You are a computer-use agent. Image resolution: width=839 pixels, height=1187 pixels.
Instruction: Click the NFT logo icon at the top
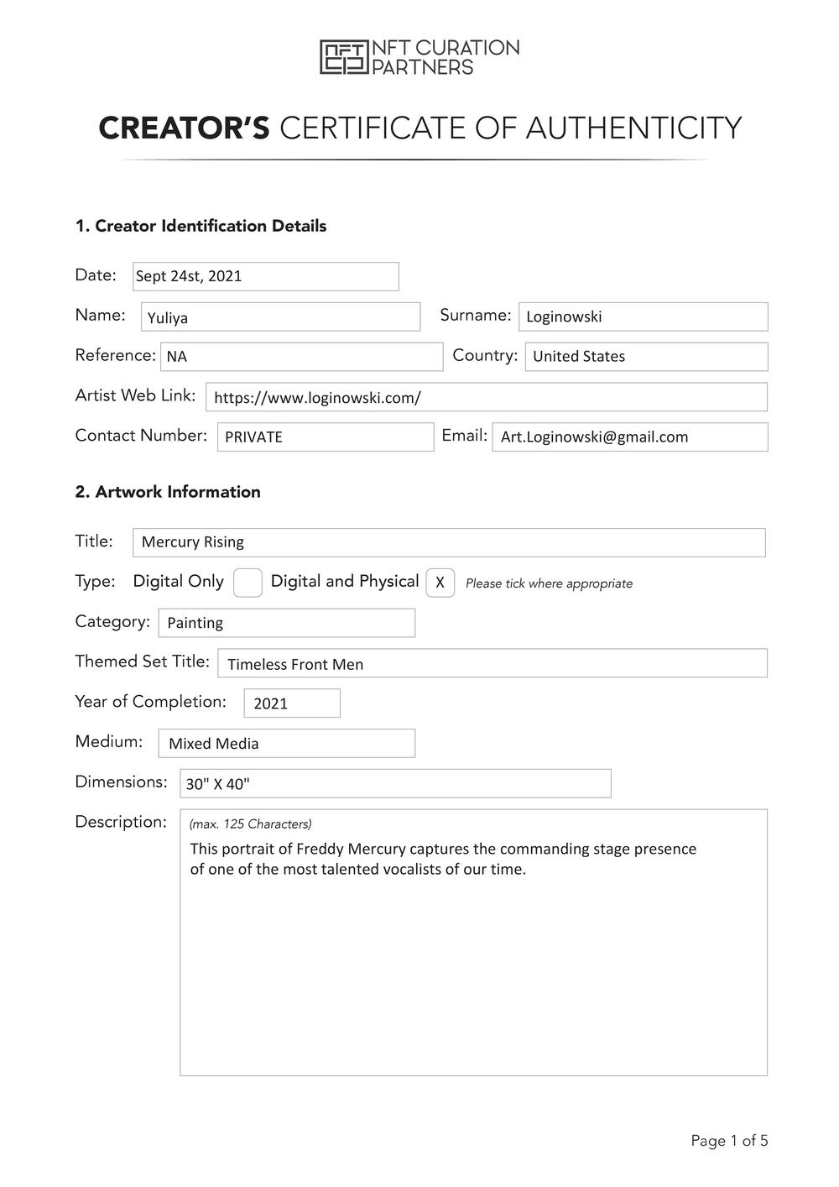343,57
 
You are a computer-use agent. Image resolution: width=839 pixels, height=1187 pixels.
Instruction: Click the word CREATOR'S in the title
184,128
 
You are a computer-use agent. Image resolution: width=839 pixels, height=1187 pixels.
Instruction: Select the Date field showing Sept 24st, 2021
265,276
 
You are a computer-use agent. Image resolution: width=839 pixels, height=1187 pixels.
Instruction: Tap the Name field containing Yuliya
280,317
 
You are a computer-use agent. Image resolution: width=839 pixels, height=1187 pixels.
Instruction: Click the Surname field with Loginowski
643,316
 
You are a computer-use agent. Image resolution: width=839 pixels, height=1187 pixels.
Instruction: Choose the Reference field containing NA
301,357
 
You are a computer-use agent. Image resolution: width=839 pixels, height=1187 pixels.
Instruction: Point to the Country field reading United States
646,357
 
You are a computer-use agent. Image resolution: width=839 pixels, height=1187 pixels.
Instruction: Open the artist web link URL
317,398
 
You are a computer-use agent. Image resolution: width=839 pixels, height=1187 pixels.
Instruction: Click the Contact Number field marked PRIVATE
326,437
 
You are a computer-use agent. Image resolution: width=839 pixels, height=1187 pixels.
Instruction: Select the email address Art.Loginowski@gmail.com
595,437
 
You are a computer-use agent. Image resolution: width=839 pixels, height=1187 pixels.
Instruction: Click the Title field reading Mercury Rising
449,542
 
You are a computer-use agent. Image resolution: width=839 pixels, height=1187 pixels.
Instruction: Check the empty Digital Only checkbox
248,583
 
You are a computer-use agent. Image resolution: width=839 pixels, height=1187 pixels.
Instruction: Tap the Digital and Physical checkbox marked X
440,583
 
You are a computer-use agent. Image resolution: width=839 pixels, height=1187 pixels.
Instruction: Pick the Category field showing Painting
286,623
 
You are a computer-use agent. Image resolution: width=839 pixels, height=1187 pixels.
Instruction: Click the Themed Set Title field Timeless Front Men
492,664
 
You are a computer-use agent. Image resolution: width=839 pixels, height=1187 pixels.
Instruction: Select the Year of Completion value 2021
292,703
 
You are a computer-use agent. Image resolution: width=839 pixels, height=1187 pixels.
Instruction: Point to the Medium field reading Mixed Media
286,744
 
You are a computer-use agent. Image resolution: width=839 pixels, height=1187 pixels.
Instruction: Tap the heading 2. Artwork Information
168,492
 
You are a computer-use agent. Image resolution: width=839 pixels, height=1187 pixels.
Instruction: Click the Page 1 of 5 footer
729,1140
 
